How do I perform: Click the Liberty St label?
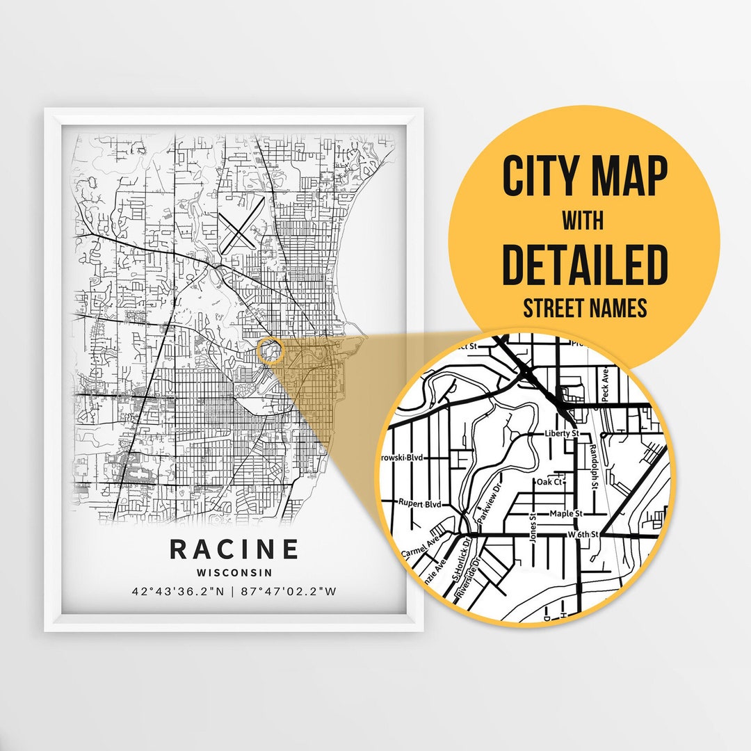pyautogui.click(x=562, y=433)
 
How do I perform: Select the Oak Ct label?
pyautogui.click(x=549, y=481)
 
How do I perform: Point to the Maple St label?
pyautogui.click(x=565, y=514)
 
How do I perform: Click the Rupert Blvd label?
pyautogui.click(x=419, y=502)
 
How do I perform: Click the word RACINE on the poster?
pyautogui.click(x=234, y=549)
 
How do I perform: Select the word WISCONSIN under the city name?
pyautogui.click(x=234, y=573)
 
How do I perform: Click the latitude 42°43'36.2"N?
pyautogui.click(x=177, y=592)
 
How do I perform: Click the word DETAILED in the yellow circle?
pyautogui.click(x=585, y=265)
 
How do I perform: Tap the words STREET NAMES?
pyautogui.click(x=584, y=308)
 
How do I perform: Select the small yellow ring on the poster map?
pyautogui.click(x=269, y=351)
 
